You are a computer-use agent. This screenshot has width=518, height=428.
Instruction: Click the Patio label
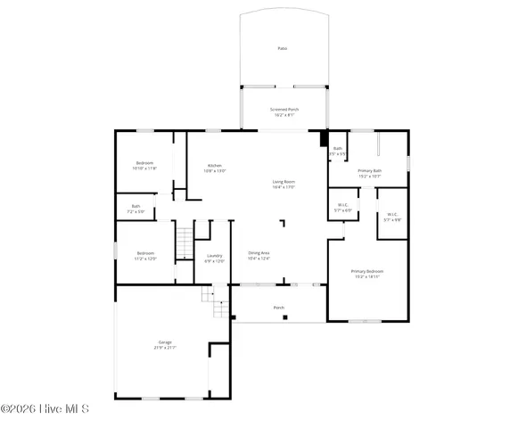point(282,49)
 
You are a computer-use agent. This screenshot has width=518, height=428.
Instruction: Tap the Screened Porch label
point(284,110)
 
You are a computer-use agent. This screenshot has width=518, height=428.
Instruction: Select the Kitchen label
point(215,166)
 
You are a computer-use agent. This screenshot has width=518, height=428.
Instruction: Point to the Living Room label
point(284,182)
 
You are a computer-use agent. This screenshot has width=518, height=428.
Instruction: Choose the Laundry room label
point(214,257)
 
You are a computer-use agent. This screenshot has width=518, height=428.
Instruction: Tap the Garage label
point(165,342)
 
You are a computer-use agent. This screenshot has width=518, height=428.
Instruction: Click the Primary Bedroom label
point(367,271)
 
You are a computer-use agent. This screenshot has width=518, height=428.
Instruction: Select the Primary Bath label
point(369,170)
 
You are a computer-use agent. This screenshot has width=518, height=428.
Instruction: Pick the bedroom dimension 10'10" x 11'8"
point(144,168)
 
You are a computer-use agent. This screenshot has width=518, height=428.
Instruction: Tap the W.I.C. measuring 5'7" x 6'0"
point(342,210)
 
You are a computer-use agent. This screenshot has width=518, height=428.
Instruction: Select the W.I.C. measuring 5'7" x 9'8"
point(392,219)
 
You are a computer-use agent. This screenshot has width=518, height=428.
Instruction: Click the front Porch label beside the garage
point(279,308)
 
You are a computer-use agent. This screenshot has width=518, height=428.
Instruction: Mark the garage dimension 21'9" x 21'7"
point(165,348)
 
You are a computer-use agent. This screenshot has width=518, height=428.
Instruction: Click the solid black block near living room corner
point(325,138)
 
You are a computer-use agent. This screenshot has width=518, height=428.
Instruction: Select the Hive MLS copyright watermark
point(45,409)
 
